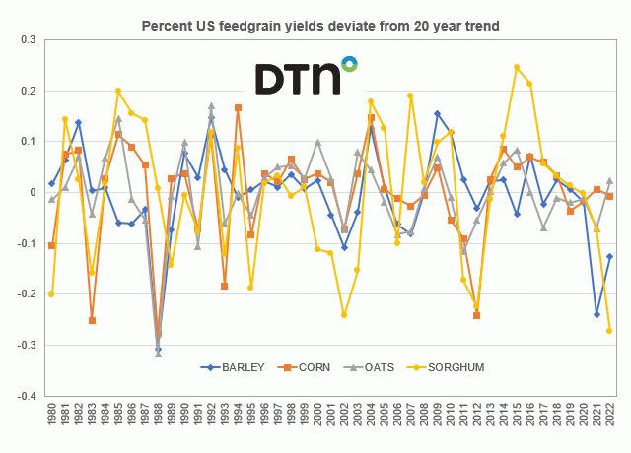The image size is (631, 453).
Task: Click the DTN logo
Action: point(307,77)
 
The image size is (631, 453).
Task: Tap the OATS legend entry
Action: point(362,367)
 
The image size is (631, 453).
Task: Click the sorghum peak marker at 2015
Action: point(517,67)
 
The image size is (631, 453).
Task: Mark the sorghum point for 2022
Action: point(609,331)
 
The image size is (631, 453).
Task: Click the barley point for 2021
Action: point(596,314)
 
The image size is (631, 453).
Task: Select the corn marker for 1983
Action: point(92,320)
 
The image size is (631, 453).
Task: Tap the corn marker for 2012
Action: point(476,315)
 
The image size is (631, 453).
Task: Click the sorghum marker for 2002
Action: point(344,314)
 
